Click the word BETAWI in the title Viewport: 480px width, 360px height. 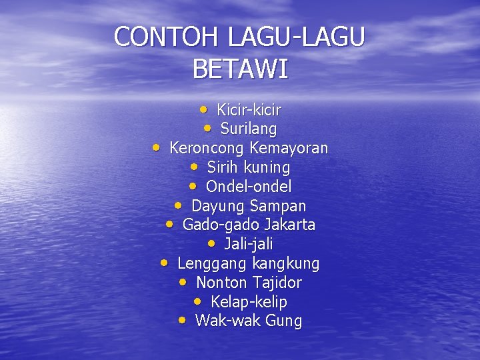tap(240, 69)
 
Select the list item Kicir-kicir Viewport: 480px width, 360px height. tap(249, 109)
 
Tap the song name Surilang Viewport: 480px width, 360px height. tap(248, 129)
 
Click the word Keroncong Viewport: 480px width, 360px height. tap(207, 148)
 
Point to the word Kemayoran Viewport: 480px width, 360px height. tap(289, 148)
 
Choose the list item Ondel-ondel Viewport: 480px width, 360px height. tap(249, 187)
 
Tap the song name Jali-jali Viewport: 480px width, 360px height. tap(249, 245)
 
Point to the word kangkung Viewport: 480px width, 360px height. tap(286, 264)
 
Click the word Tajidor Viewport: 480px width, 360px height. tap(277, 283)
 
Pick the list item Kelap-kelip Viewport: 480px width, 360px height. tap(249, 303)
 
